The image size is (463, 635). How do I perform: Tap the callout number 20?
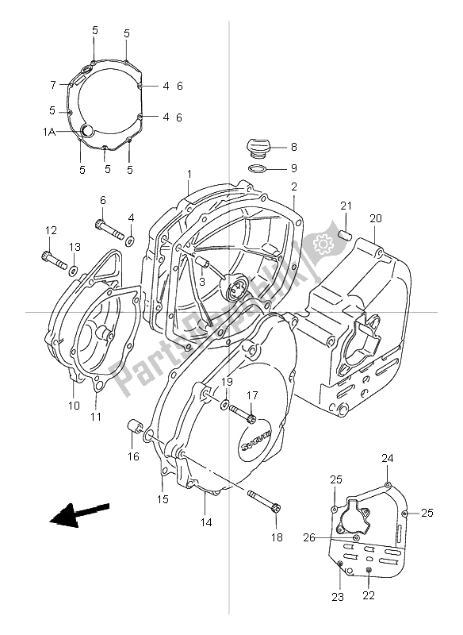pos(375,218)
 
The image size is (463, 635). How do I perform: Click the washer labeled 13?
pos(73,271)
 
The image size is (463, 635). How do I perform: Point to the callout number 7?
pos(53,85)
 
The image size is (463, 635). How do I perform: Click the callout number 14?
pos(205,522)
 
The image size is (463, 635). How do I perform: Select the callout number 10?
pos(73,406)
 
